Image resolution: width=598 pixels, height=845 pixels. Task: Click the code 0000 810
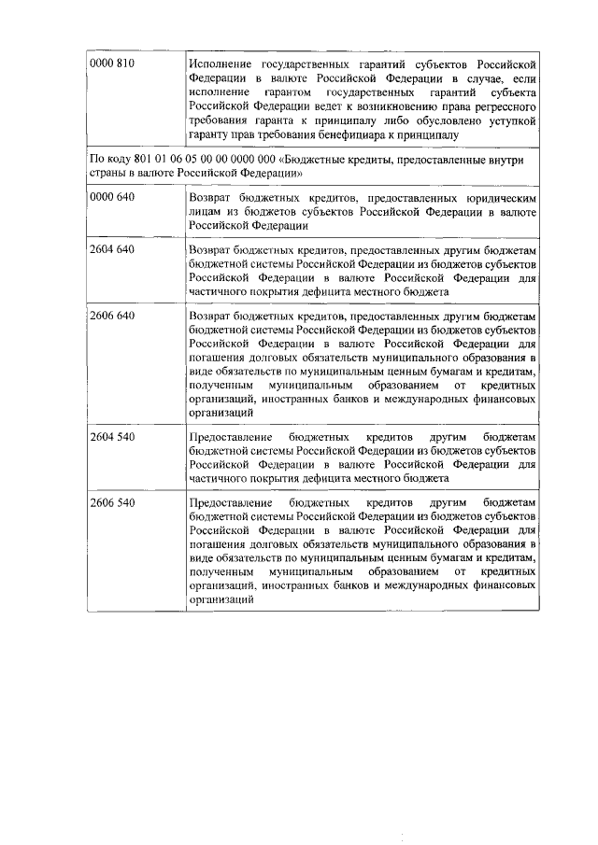point(112,63)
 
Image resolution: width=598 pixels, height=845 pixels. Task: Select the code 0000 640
point(112,198)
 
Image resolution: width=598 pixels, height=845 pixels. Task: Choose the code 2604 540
point(112,436)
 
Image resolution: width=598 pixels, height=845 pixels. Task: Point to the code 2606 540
point(112,502)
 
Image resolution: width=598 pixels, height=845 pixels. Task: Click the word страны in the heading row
point(106,174)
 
